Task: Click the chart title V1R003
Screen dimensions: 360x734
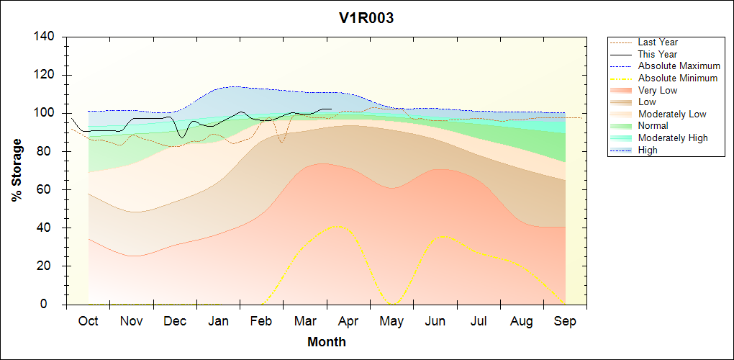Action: [366, 18]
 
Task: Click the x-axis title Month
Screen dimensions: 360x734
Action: [327, 342]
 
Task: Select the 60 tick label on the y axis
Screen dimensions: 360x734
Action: [47, 190]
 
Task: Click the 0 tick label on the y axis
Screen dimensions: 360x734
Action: [51, 305]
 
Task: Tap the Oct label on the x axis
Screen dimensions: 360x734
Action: [88, 321]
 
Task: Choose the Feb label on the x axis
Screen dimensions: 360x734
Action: [261, 321]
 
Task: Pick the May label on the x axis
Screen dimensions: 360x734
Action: [391, 321]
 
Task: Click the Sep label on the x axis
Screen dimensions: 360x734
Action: [565, 321]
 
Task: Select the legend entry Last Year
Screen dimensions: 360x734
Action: [658, 42]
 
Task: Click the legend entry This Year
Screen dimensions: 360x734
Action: [658, 54]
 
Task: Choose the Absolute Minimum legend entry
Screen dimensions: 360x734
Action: [678, 78]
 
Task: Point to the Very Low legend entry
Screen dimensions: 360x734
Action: [658, 90]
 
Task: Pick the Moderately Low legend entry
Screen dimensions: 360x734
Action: [672, 114]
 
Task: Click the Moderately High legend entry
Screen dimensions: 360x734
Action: [673, 138]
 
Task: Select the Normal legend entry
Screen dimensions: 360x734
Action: [653, 126]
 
